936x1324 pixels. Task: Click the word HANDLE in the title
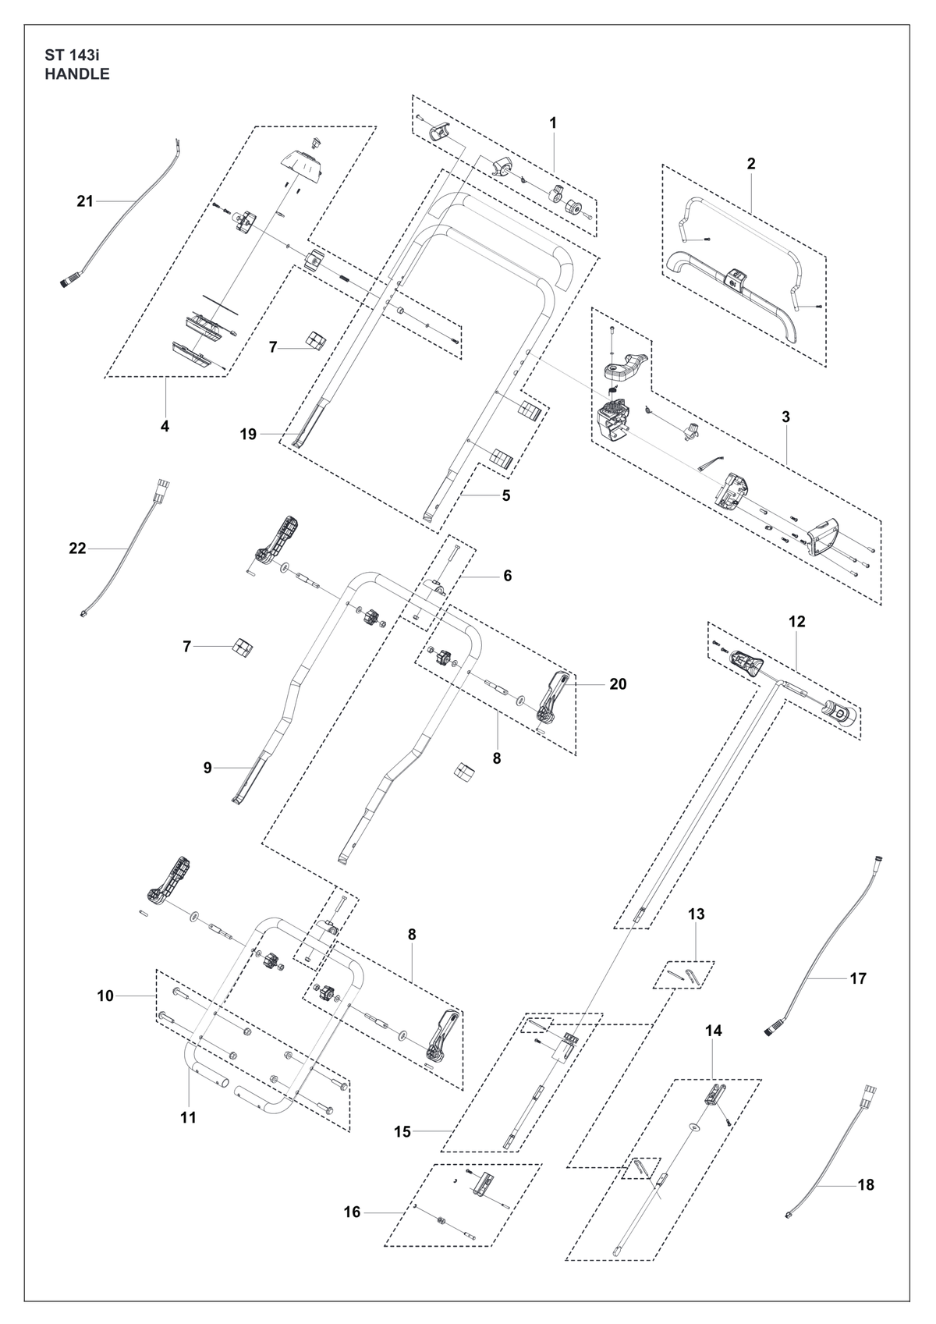click(76, 74)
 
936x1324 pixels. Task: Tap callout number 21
click(85, 201)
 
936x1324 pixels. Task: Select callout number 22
click(77, 548)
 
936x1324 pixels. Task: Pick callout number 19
click(248, 435)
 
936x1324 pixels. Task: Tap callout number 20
click(618, 684)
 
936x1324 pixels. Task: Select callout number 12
click(796, 621)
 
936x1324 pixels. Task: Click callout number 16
click(353, 1208)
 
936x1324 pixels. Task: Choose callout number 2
click(751, 163)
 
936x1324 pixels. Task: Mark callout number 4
click(165, 425)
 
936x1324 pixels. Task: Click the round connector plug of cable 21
click(72, 279)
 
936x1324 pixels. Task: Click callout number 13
click(696, 914)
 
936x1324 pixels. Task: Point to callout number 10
click(105, 996)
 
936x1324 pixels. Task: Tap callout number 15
click(402, 1132)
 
